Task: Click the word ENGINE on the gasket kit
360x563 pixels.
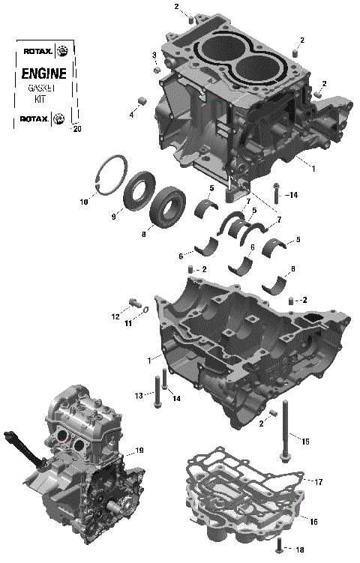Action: click(43, 73)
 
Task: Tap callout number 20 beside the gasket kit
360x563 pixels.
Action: click(76, 129)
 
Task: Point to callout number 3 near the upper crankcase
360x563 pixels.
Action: click(154, 55)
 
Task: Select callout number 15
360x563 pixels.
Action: click(305, 442)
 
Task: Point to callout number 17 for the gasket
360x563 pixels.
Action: click(318, 481)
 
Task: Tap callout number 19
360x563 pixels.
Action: click(139, 451)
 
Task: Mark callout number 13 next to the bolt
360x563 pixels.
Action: click(139, 395)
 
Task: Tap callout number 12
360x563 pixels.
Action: click(115, 317)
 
